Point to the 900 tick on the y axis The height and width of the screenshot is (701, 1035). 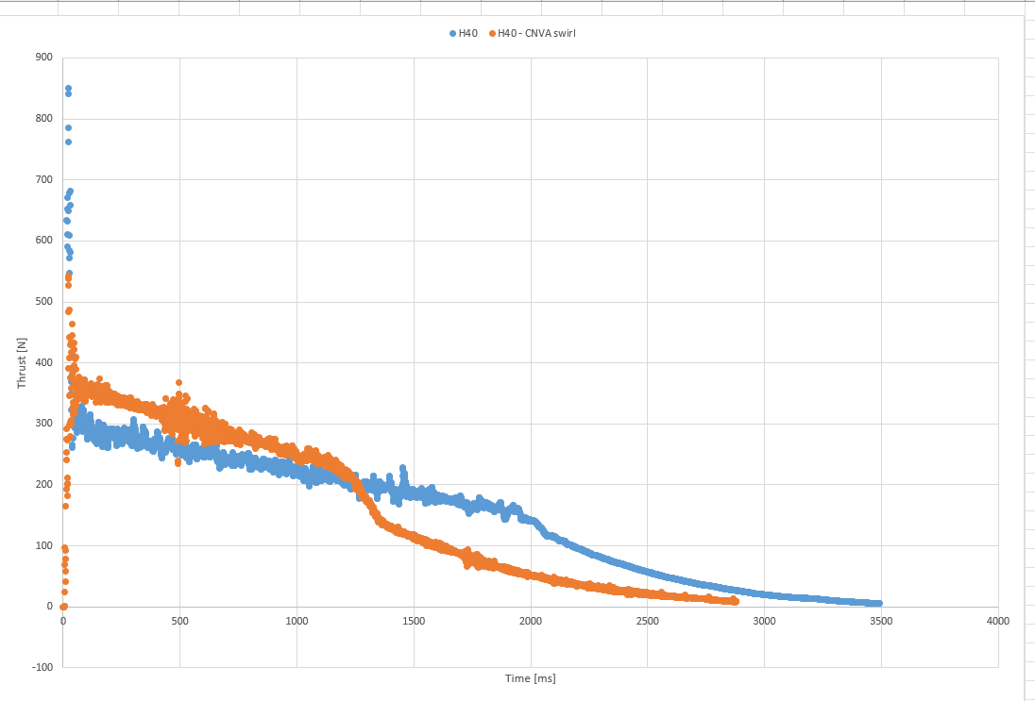click(43, 58)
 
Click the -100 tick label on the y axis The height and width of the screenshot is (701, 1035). click(42, 667)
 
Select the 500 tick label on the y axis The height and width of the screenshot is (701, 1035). click(43, 302)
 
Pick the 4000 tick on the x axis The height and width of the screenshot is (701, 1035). click(997, 621)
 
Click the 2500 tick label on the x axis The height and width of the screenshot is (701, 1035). click(647, 621)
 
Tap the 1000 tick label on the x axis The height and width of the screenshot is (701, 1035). click(297, 621)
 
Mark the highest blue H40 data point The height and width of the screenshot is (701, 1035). click(68, 89)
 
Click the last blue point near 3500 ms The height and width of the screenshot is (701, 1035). click(878, 603)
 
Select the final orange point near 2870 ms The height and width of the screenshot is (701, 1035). click(735, 601)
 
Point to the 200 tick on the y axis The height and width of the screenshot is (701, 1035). click(43, 484)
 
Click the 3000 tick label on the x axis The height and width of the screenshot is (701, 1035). click(764, 621)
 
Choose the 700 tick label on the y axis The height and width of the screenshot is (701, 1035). click(43, 179)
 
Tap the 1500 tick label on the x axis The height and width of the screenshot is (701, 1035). click(414, 621)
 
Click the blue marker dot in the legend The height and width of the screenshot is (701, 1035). click(453, 34)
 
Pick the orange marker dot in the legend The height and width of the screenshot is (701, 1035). click(492, 34)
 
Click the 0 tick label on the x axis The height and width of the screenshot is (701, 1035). click(63, 621)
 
